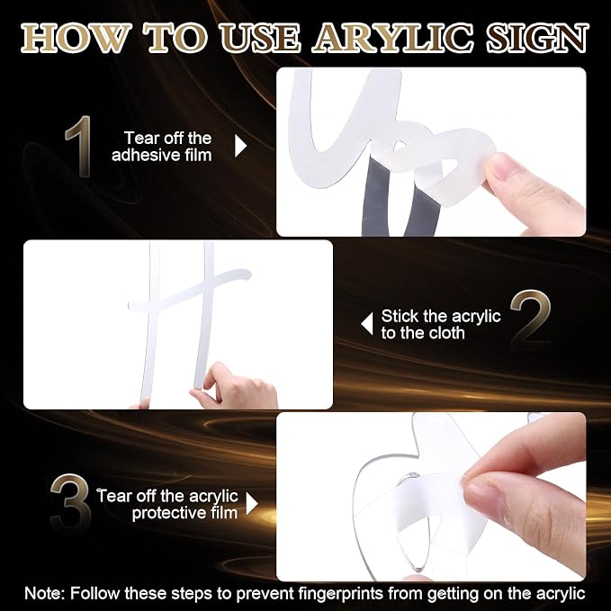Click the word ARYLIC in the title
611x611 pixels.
(x=392, y=38)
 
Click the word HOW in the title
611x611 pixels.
(x=76, y=38)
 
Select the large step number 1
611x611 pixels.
(x=79, y=146)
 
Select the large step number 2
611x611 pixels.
(x=531, y=319)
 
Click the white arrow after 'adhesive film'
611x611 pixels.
(x=240, y=146)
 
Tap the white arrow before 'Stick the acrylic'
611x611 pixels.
(x=367, y=323)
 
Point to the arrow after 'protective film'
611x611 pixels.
(x=252, y=504)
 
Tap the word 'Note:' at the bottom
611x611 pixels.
(x=45, y=594)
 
